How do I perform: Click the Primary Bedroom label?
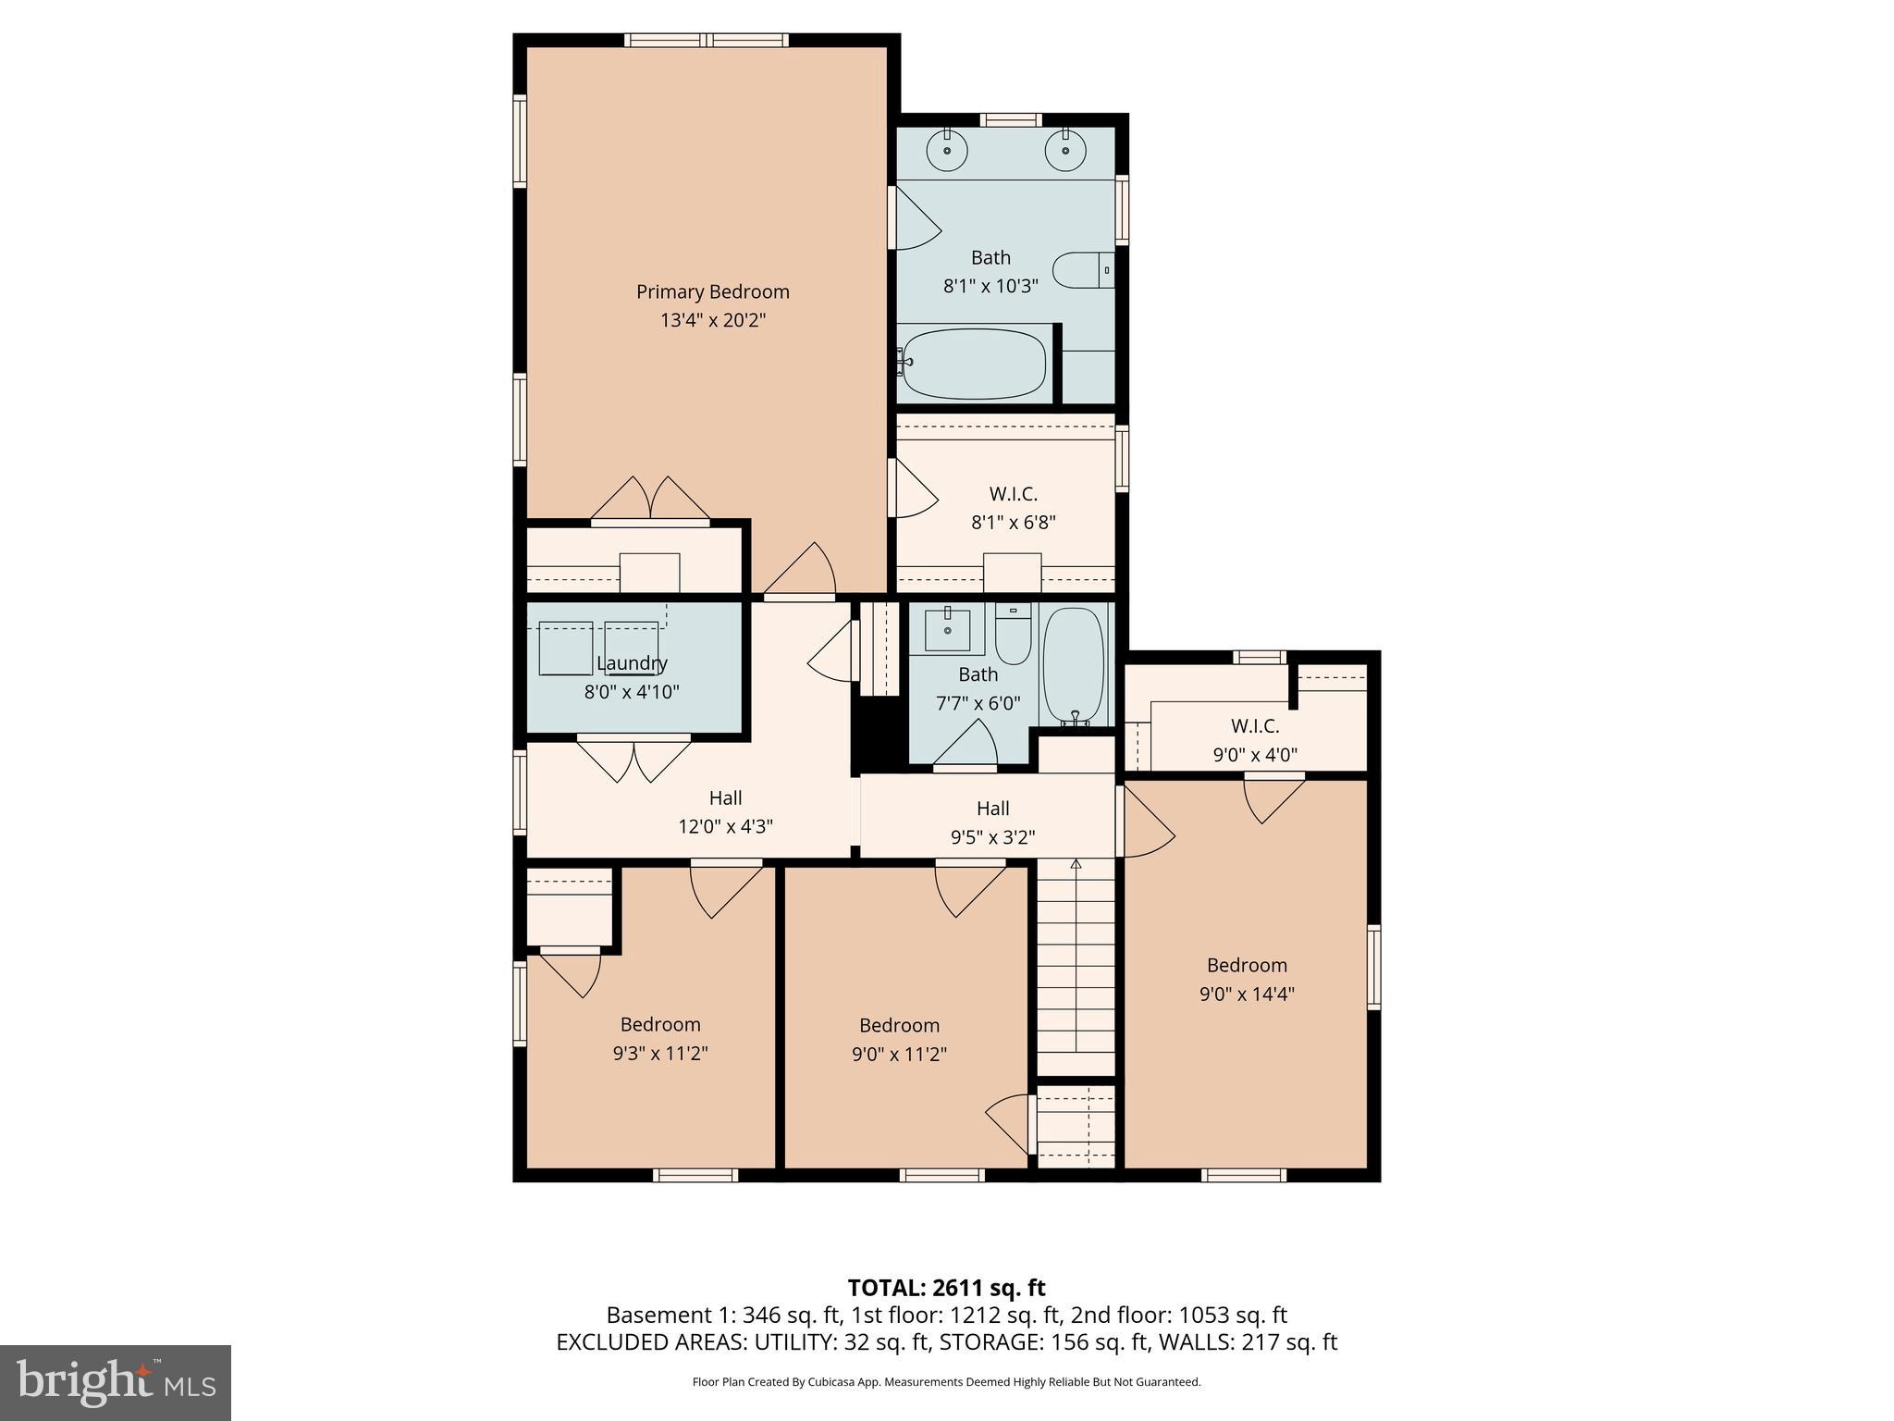(712, 292)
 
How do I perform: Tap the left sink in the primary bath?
(947, 151)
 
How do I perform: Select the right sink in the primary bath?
(1065, 151)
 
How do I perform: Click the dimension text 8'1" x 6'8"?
(1013, 523)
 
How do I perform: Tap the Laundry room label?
(632, 663)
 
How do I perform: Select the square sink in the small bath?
(947, 630)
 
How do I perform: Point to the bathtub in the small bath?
(1074, 665)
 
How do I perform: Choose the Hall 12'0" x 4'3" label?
(726, 798)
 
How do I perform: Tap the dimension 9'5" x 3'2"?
(992, 838)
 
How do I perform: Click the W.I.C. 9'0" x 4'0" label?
(1255, 727)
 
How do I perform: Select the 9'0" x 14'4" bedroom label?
(1247, 966)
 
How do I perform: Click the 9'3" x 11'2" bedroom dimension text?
(660, 1054)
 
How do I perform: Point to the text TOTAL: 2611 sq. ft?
(946, 1288)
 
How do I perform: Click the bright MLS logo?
(116, 1383)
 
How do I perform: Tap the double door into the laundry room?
(634, 758)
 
